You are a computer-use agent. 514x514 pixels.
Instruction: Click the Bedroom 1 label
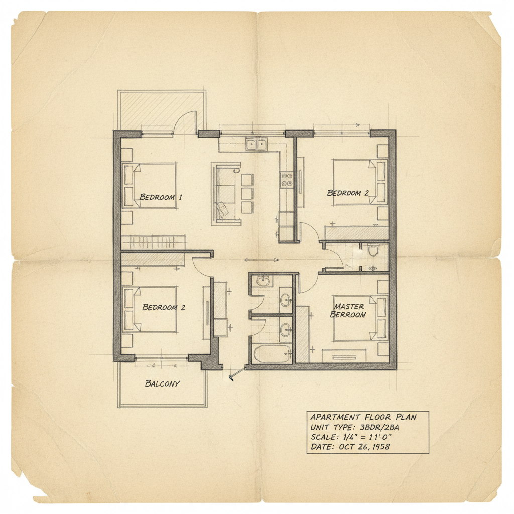pyautogui.click(x=160, y=197)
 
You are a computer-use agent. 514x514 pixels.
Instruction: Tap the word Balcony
pyautogui.click(x=162, y=383)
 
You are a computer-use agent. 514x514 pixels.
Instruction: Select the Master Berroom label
pyautogui.click(x=348, y=310)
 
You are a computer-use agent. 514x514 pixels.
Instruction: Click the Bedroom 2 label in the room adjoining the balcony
pyautogui.click(x=164, y=307)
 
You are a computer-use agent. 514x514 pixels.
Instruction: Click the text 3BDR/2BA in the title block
pyautogui.click(x=379, y=427)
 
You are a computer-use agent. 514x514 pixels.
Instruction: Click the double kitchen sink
pyautogui.click(x=256, y=144)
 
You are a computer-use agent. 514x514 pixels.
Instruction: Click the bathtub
pyautogui.click(x=273, y=354)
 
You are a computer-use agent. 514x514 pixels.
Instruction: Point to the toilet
pyautogui.click(x=373, y=250)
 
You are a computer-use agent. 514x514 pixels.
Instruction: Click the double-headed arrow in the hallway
pyautogui.click(x=262, y=260)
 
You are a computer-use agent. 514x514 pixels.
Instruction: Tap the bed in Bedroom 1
pyautogui.click(x=150, y=186)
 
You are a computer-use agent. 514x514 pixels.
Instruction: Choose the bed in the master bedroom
pyautogui.click(x=360, y=318)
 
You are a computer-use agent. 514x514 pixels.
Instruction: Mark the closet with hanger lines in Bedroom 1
pyautogui.click(x=154, y=242)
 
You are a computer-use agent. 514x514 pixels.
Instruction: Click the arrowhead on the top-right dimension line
pyautogui.click(x=357, y=125)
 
